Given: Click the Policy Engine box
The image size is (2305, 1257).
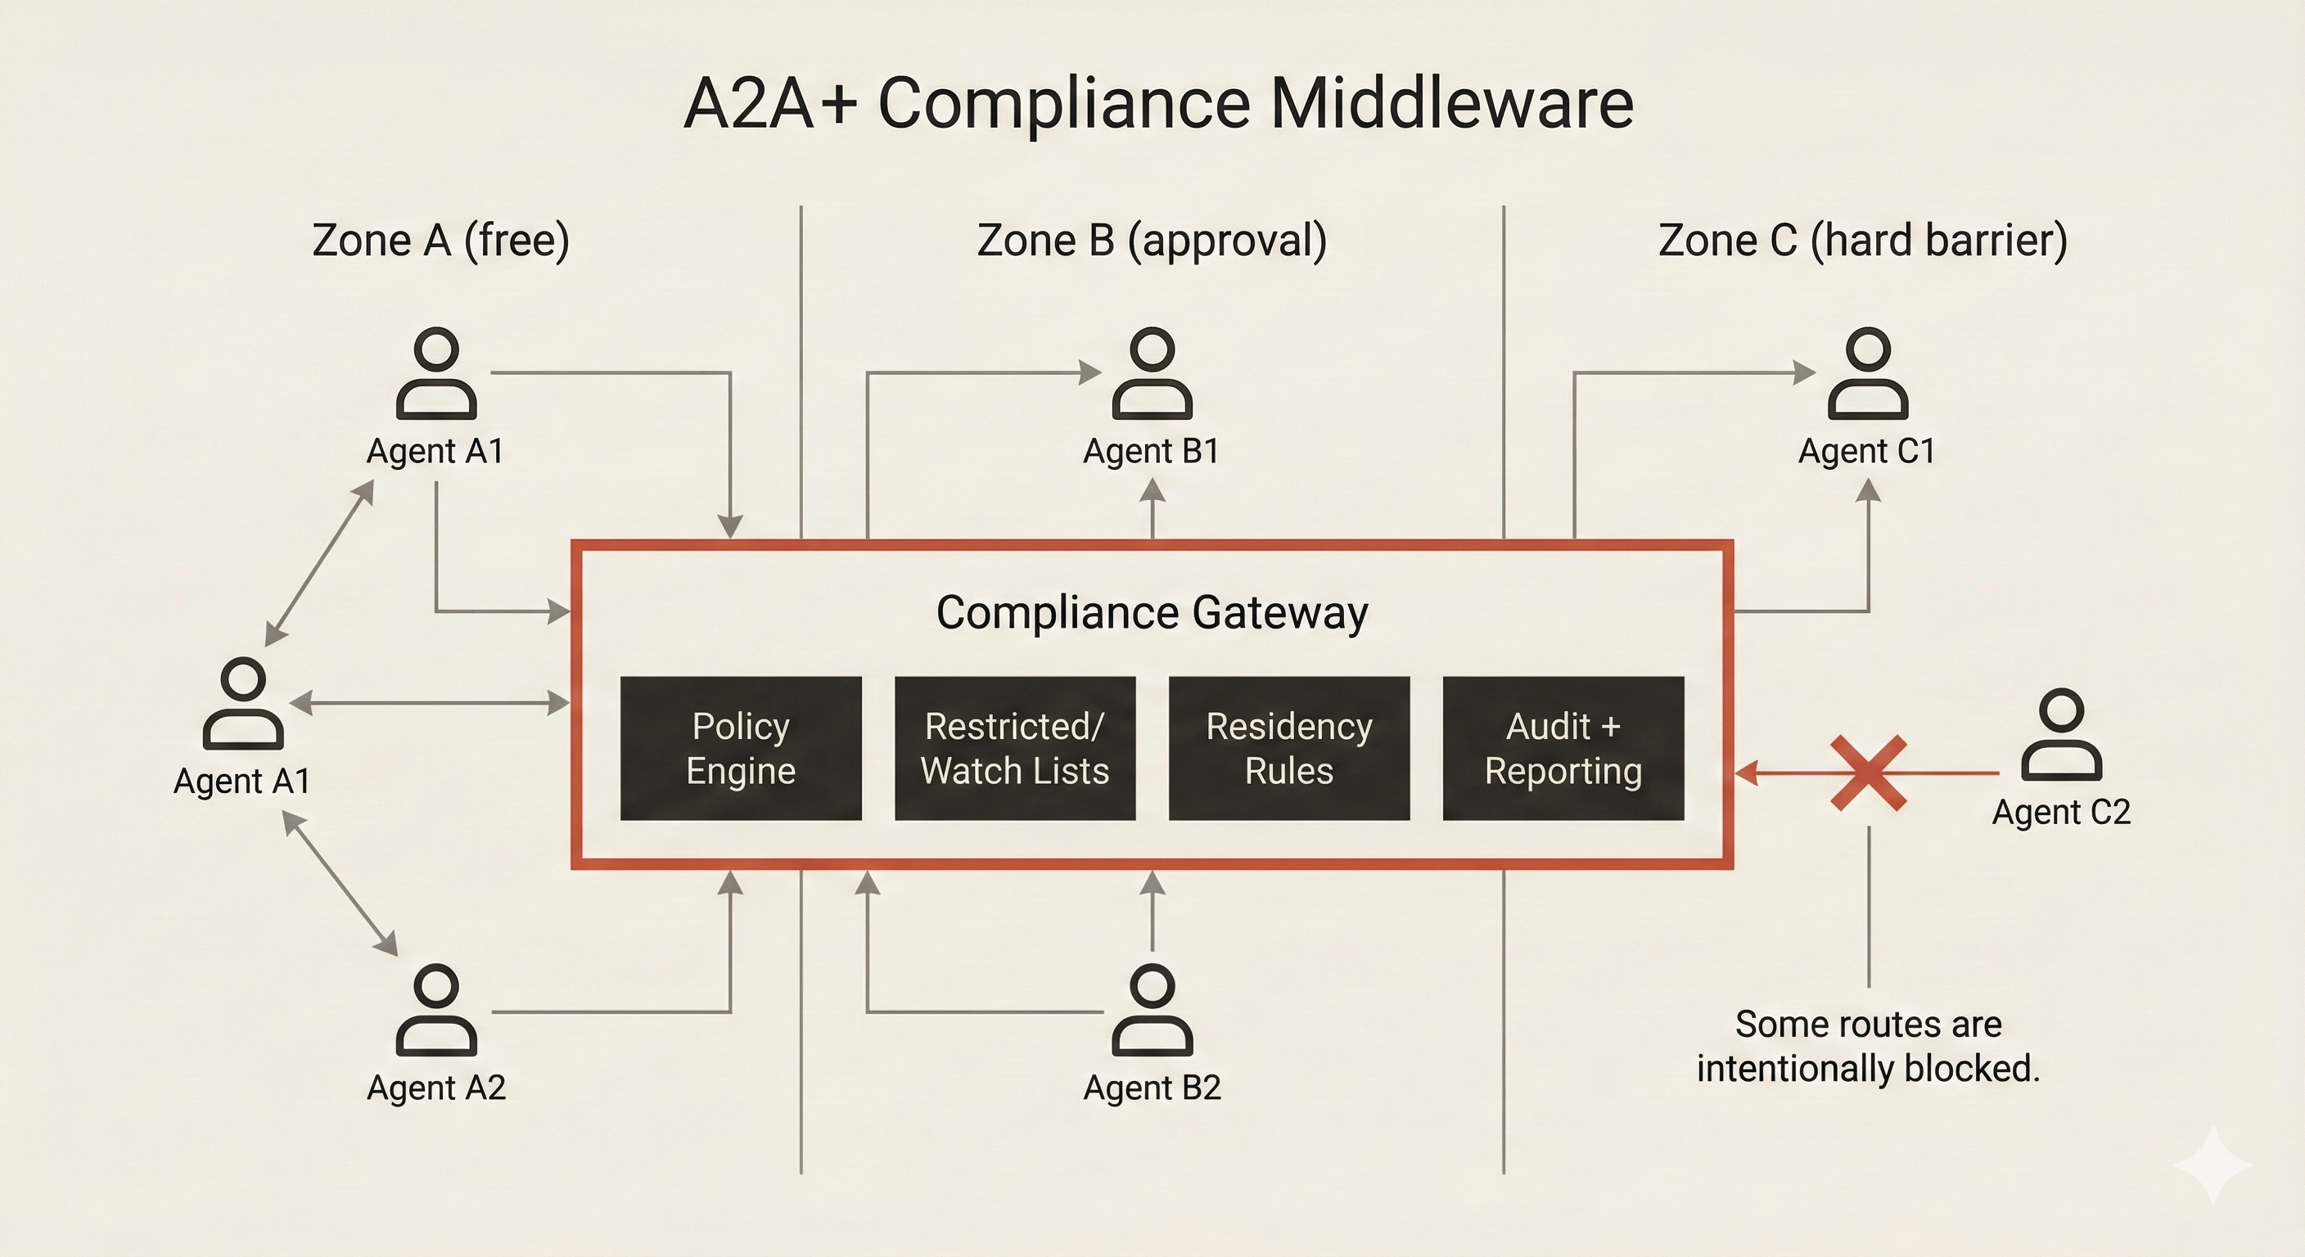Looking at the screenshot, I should [x=741, y=748].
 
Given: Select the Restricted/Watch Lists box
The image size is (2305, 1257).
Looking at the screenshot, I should [x=1015, y=748].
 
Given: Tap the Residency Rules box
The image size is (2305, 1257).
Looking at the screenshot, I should [x=1288, y=748].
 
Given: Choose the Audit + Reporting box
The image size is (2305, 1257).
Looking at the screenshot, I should [x=1563, y=748].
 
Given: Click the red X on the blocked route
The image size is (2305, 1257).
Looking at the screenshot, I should [x=1869, y=773].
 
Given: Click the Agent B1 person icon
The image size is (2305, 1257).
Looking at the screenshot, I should [x=1152, y=373].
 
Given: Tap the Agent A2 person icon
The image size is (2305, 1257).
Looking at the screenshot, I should [x=435, y=1010].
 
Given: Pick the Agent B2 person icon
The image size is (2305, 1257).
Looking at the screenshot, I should [x=1152, y=1010].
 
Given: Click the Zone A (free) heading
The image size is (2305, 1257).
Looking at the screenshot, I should [x=440, y=240].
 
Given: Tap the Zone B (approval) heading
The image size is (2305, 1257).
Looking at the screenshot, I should [x=1152, y=240].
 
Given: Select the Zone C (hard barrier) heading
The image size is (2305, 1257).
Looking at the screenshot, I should [x=1862, y=240].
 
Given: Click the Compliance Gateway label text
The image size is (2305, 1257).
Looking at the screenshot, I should [x=1152, y=613].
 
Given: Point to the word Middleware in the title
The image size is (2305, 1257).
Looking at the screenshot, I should [x=1451, y=104].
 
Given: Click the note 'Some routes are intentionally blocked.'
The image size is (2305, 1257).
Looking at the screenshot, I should [x=1869, y=1046].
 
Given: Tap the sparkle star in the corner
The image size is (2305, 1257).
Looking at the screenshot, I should [x=2212, y=1165].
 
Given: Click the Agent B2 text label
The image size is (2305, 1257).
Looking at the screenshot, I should [x=1152, y=1088].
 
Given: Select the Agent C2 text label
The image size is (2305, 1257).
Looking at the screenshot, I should [x=2061, y=813].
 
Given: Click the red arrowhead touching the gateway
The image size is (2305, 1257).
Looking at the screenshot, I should [x=1747, y=773].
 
